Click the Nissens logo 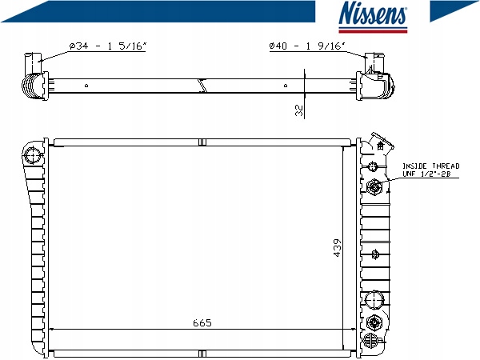(373, 17)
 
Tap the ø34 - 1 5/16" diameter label (108, 46)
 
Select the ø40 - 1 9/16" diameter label (307, 46)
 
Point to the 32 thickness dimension (299, 110)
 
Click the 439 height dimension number (337, 248)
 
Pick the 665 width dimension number (202, 322)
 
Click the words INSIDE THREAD (430, 166)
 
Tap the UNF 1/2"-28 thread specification (426, 174)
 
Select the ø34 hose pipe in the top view (33, 63)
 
